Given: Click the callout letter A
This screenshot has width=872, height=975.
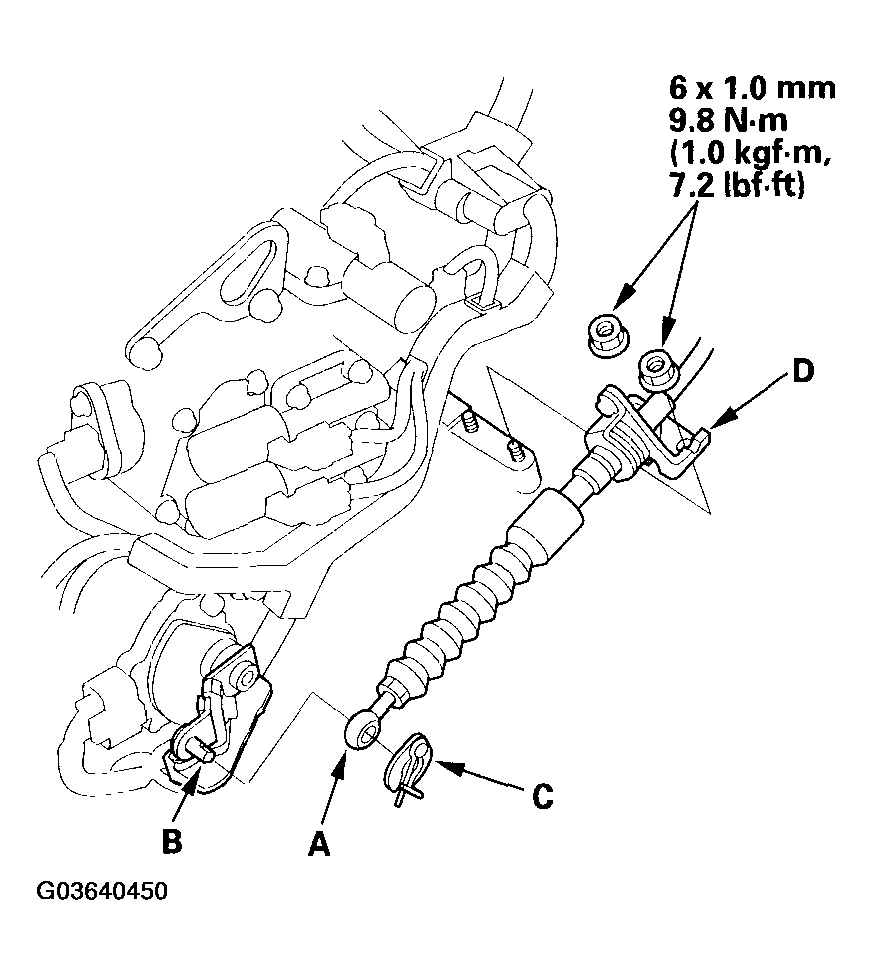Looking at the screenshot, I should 318,846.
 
